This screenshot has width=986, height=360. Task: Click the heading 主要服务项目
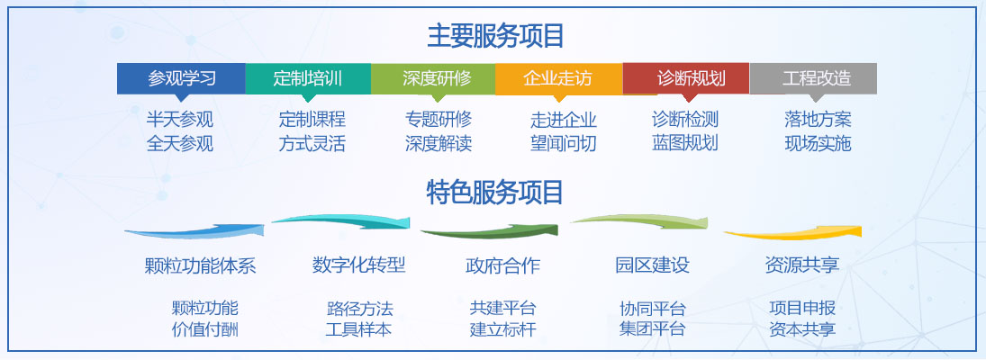pos(495,36)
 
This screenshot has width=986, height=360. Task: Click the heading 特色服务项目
pos(495,192)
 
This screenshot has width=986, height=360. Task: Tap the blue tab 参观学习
pos(182,78)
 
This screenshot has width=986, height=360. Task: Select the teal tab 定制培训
pos(308,78)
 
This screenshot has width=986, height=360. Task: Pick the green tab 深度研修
pos(433,78)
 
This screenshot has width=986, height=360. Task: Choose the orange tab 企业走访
pos(559,78)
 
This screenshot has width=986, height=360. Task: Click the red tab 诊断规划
pos(687,78)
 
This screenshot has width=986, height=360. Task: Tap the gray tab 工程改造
pos(813,78)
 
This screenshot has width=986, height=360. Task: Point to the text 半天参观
pos(180,119)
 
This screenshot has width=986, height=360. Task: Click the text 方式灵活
pos(312,144)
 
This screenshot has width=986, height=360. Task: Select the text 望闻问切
pos(564,144)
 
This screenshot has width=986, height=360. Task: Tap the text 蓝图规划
pos(684,142)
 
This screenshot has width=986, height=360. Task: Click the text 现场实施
pos(818,144)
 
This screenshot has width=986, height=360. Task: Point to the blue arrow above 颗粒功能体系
pos(194,231)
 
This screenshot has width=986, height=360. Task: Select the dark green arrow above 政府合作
pos(489,231)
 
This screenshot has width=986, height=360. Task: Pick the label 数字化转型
pos(358,265)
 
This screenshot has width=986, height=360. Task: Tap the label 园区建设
pos(652,265)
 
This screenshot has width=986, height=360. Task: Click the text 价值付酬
pos(205,329)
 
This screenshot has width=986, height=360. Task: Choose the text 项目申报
pos(802,308)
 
